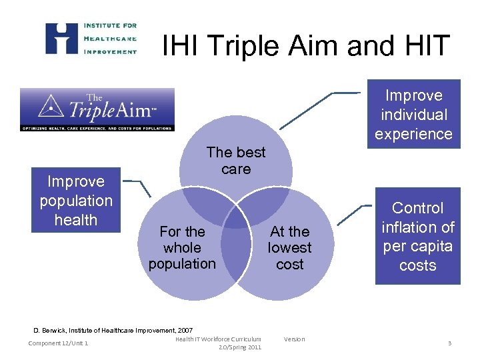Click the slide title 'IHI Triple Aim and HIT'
click(306, 46)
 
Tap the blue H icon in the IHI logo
click(61, 38)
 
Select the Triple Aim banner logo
click(97, 109)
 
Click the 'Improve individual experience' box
click(413, 115)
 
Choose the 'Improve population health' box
click(76, 201)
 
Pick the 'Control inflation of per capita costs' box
click(418, 237)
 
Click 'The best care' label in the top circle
click(236, 161)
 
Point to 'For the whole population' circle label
click(182, 248)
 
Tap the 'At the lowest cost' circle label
click(289, 248)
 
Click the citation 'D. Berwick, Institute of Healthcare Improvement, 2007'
click(113, 330)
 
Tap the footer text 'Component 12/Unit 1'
click(59, 343)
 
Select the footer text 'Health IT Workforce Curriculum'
click(218, 339)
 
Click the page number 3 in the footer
click(449, 343)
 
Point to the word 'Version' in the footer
click(294, 339)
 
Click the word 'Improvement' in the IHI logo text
click(110, 51)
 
